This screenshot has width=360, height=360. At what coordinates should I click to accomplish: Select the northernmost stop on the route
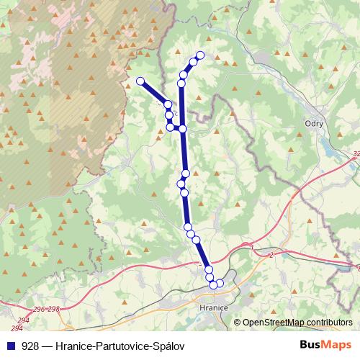pyautogui.click(x=200, y=55)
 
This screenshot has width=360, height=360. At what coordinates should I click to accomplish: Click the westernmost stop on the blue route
pyautogui.click(x=140, y=81)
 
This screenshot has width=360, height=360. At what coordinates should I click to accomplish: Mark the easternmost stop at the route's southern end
pyautogui.click(x=220, y=284)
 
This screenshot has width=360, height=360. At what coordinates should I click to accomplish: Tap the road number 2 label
pyautogui.click(x=269, y=255)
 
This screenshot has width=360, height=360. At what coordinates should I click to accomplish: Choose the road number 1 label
pyautogui.click(x=253, y=248)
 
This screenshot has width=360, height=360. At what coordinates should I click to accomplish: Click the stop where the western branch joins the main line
pyautogui.click(x=183, y=129)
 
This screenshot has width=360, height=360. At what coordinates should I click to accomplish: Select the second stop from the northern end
pyautogui.click(x=193, y=63)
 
